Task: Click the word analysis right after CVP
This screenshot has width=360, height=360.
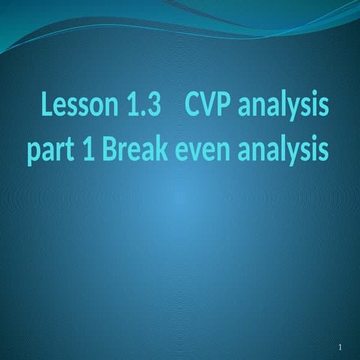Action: click(283, 109)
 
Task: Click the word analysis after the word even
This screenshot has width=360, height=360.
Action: click(283, 151)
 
